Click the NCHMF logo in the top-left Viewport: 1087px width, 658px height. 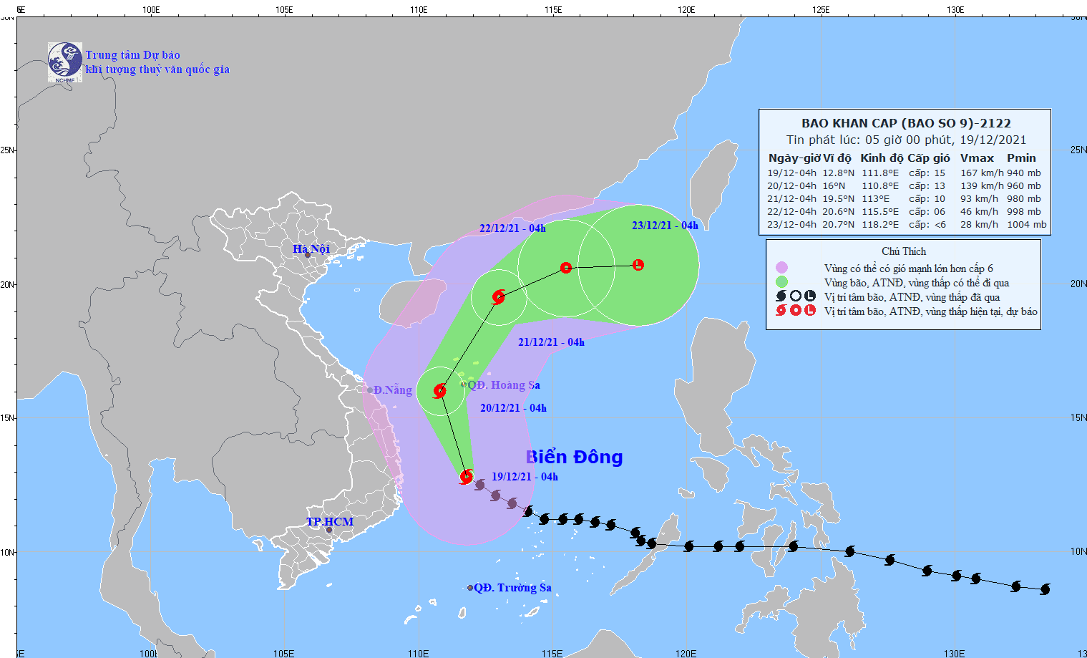64,62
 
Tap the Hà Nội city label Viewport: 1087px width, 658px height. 311,248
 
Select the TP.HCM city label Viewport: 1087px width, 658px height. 330,521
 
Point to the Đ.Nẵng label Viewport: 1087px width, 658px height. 392,390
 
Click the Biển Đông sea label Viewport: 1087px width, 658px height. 574,457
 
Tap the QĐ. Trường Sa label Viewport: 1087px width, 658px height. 512,588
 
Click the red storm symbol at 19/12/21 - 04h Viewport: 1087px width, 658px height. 467,476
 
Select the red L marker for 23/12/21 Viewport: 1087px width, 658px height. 638,265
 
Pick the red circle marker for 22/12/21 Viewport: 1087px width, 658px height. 566,268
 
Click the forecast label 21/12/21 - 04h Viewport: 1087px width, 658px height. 551,342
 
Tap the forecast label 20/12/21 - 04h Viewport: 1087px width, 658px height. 513,408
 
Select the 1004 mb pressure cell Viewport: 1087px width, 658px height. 1026,224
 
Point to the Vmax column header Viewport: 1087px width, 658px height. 977,158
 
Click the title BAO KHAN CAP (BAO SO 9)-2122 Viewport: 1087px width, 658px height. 906,123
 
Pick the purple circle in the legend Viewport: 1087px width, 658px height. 781,268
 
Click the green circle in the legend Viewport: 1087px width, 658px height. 781,282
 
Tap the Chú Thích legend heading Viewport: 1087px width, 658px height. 904,251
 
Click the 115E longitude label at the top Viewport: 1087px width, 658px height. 552,9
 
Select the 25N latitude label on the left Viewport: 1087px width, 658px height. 7,150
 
